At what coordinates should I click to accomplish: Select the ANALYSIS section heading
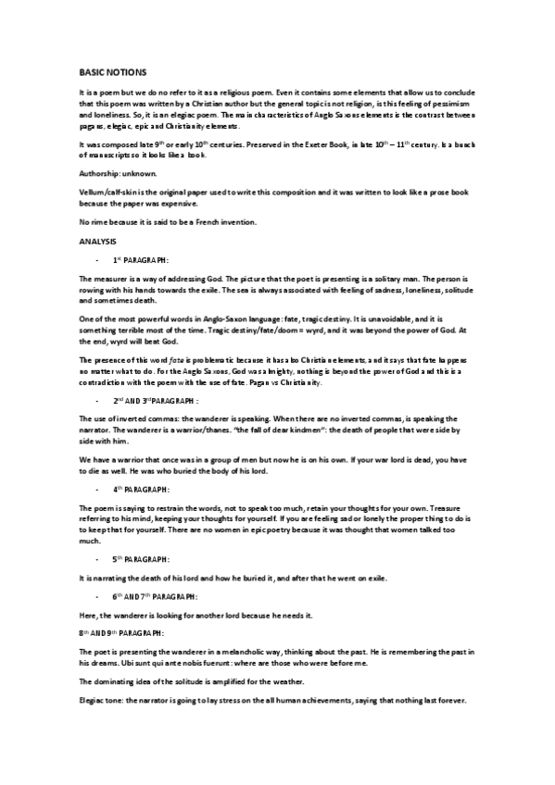[98, 242]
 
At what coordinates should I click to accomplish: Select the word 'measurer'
[114, 279]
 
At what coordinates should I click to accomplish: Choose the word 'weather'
[282, 682]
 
